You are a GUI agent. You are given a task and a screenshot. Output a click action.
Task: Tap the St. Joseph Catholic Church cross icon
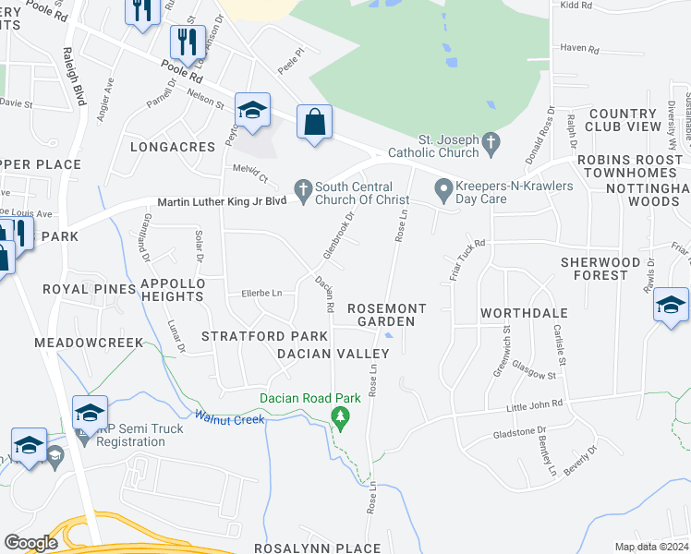491,143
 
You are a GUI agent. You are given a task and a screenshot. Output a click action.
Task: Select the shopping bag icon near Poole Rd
315,122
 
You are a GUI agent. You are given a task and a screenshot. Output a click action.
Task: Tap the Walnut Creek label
229,418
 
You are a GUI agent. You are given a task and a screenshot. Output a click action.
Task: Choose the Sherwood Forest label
600,269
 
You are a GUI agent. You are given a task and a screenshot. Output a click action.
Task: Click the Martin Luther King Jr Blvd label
223,202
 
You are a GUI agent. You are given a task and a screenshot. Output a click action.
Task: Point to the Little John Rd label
536,405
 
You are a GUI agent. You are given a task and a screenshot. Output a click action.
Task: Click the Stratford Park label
265,335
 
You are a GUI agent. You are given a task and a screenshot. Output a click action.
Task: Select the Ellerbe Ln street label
261,295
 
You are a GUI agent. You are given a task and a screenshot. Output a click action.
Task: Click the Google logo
30,543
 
